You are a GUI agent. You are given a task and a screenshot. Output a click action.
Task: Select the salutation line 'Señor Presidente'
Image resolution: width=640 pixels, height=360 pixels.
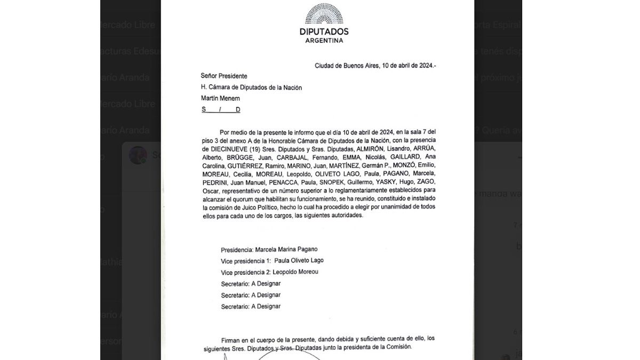224,76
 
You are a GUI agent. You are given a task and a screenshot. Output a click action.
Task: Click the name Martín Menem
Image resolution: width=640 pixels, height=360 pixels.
221,98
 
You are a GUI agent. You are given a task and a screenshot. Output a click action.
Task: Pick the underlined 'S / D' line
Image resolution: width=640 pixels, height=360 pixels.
221,109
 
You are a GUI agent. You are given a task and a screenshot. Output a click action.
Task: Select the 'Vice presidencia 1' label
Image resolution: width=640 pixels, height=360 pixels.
246,260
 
